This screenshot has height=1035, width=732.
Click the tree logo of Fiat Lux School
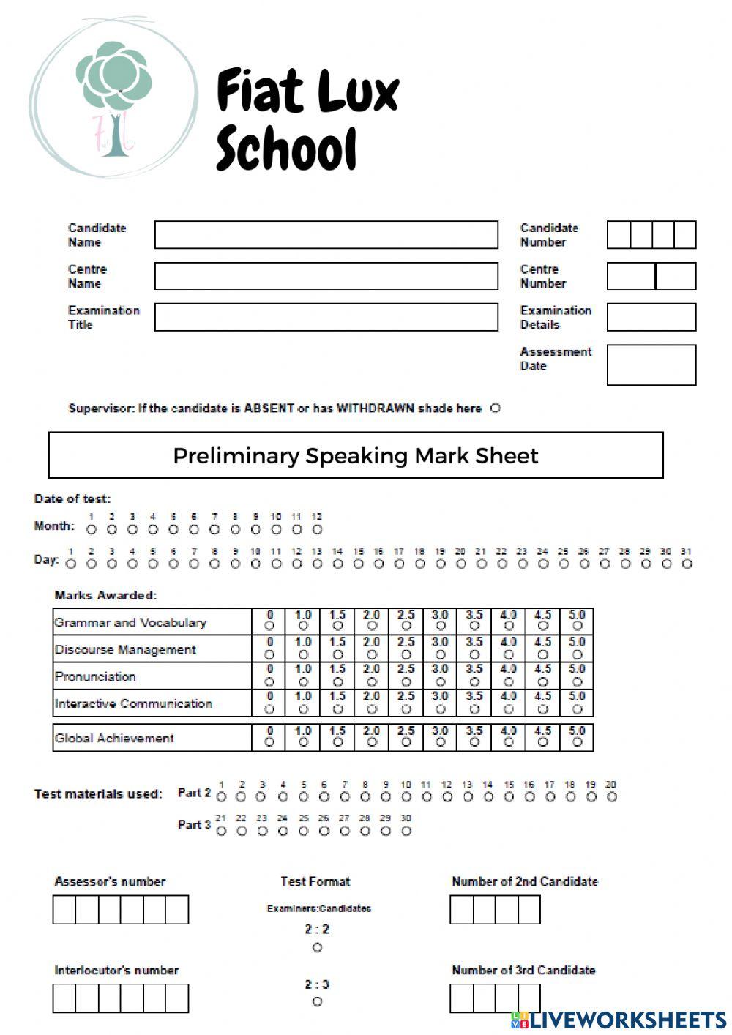coord(113,99)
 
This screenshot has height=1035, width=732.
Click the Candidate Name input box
coord(326,235)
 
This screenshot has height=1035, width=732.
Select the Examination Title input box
coord(326,317)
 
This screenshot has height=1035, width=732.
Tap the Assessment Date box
coord(651,365)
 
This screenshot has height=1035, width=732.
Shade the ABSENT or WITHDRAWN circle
coord(496,408)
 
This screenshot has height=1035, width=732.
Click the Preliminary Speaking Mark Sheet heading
coord(356,455)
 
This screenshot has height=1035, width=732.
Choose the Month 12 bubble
coord(317,529)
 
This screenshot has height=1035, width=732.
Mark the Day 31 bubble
coord(687,564)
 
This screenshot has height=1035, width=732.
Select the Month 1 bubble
coord(91,529)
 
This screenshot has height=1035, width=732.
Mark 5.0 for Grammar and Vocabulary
coord(577,627)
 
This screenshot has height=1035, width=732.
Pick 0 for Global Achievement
coord(269,742)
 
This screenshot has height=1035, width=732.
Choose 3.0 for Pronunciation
coord(440,681)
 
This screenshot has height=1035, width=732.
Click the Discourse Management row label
coord(125,649)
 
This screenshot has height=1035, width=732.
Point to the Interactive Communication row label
coord(133,703)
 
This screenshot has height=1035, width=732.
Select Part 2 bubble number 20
coord(611,796)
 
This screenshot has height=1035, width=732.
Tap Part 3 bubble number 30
coord(406,831)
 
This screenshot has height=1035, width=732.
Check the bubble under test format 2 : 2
coord(317,947)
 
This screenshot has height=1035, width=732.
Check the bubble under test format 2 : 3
coord(317,1001)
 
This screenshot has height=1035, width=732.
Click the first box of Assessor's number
coord(64,910)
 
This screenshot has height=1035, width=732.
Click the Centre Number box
coord(651,276)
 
